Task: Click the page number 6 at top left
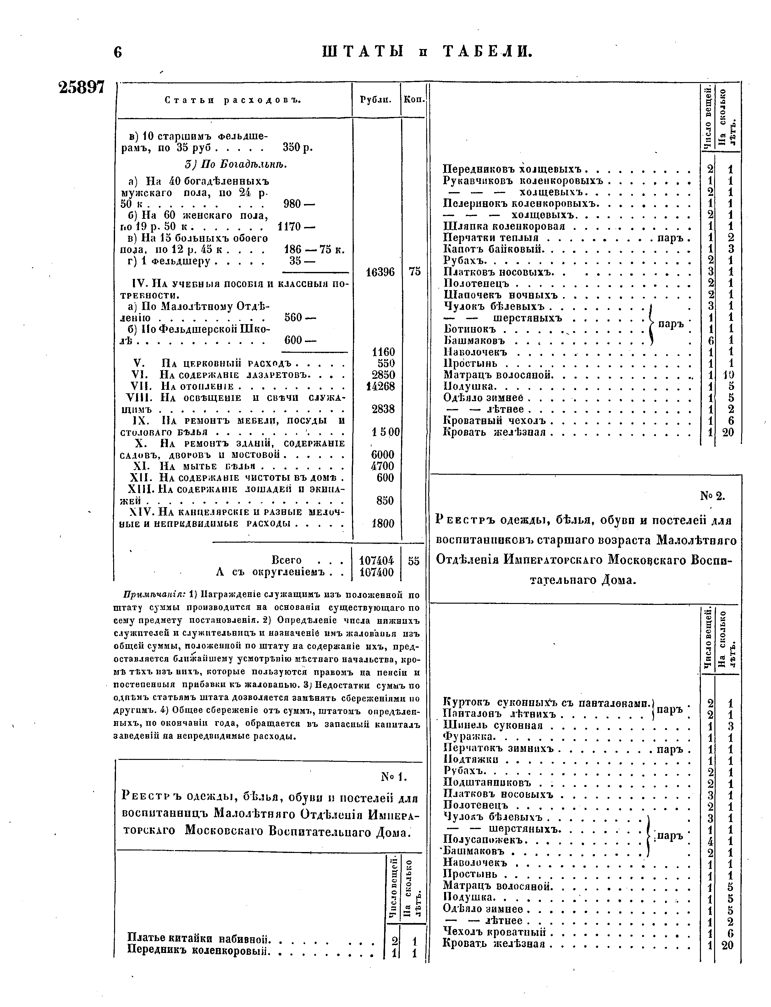pos(118,52)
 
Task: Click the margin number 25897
pos(82,87)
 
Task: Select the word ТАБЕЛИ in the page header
pos(488,51)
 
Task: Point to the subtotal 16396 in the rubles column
pos(380,272)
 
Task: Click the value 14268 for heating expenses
pos(380,386)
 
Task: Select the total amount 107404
pos(376,561)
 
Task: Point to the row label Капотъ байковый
pos(493,249)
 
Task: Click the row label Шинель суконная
pos(493,725)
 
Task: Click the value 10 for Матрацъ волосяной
pos(728,375)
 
